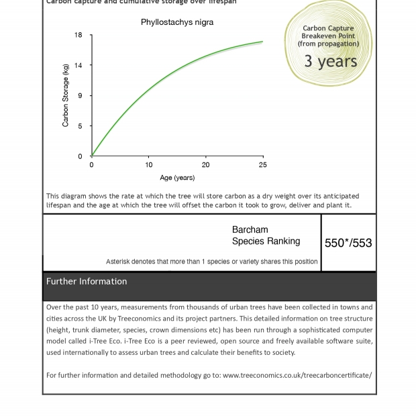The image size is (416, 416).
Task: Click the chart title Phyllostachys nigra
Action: (177, 22)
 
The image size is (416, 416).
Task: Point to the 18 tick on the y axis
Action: (79, 36)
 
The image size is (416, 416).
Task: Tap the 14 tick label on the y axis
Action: (79, 66)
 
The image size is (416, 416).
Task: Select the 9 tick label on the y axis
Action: (80, 96)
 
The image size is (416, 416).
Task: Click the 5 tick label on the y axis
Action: (80, 126)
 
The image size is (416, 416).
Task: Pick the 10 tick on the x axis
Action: (149, 164)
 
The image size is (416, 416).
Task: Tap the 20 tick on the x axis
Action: (206, 164)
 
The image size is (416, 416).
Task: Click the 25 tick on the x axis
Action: (263, 164)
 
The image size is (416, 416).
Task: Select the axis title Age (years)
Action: (177, 178)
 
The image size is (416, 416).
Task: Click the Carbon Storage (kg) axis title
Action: (66, 95)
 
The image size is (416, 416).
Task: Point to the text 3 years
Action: (330, 61)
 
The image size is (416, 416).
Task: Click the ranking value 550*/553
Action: (348, 243)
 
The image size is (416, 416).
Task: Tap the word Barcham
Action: (250, 229)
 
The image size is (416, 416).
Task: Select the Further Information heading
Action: (87, 281)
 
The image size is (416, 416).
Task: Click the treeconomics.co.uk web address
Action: (297, 375)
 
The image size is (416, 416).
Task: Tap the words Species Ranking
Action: (266, 242)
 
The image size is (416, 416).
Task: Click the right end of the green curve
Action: (262, 42)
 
